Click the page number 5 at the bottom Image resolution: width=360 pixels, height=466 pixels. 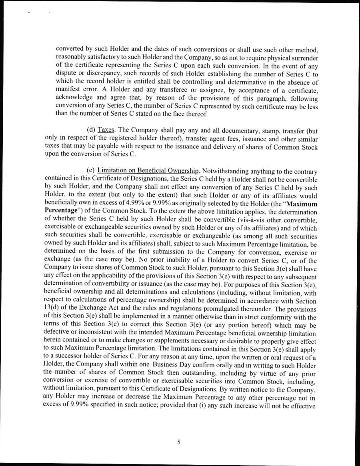point(179,442)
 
